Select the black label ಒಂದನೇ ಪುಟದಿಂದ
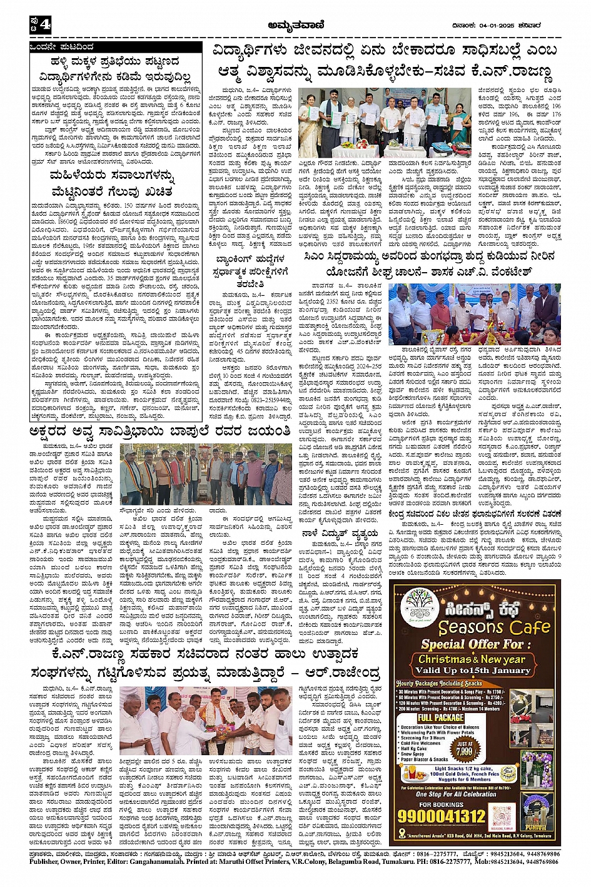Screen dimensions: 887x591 [63, 47]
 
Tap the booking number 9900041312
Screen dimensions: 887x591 [441, 816]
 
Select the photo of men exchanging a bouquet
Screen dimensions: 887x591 [206, 721]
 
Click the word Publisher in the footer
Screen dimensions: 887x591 [47, 861]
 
